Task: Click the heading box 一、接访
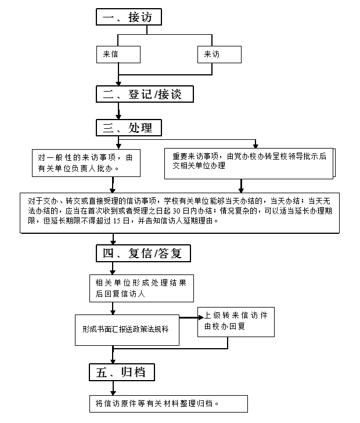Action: click(129, 17)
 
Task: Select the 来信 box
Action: click(118, 55)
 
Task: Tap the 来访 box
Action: click(219, 55)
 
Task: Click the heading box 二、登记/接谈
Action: click(145, 94)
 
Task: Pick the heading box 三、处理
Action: click(129, 128)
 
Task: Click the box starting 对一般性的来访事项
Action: click(86, 163)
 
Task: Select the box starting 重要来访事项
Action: click(250, 164)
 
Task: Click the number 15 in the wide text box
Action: click(117, 220)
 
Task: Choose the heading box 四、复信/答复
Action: click(143, 254)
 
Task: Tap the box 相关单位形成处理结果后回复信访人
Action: click(142, 288)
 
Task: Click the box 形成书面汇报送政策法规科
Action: click(127, 330)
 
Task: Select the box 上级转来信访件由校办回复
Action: click(236, 322)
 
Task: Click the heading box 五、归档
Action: click(122, 373)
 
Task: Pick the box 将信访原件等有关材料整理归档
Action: click(168, 404)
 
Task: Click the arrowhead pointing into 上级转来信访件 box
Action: click(201, 317)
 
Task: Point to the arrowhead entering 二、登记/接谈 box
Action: click(118, 83)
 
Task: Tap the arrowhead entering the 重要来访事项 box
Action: click(255, 146)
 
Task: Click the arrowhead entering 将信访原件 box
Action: click(113, 393)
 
